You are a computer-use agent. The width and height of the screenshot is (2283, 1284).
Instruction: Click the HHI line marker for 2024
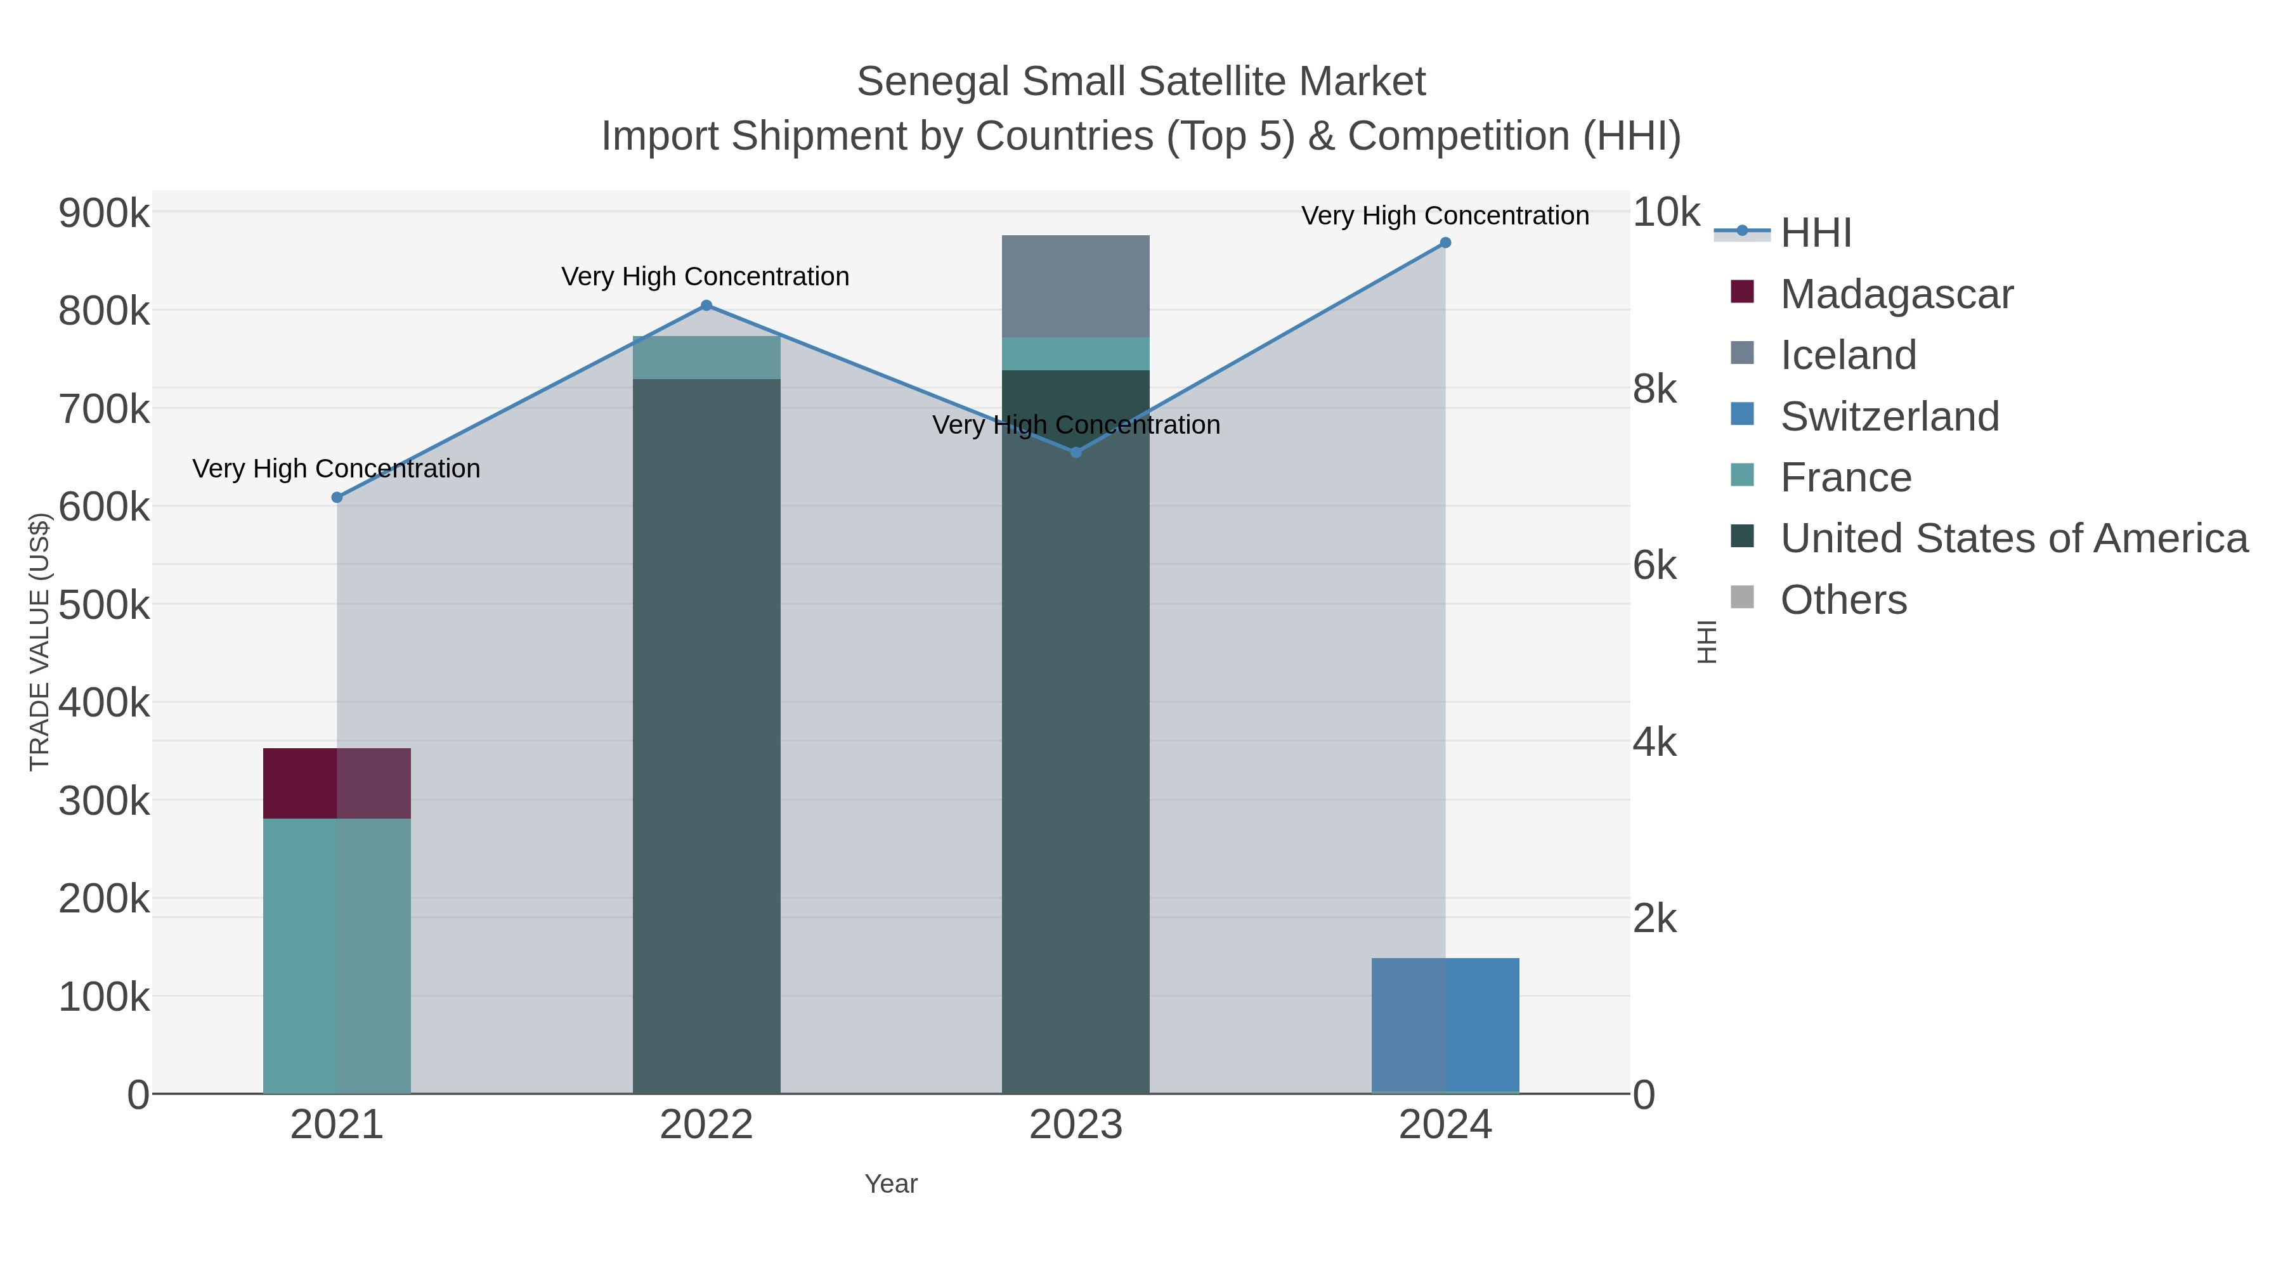(x=1445, y=243)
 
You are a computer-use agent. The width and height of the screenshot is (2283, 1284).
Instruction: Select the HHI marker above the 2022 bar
(x=706, y=306)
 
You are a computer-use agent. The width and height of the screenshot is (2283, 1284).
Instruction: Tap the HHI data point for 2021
(x=337, y=498)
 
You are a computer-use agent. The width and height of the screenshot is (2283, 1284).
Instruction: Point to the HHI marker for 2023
(x=1076, y=453)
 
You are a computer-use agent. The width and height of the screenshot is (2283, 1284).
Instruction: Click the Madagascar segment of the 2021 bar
(x=337, y=783)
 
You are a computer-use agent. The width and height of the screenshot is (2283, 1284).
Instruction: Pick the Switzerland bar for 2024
(x=1445, y=1025)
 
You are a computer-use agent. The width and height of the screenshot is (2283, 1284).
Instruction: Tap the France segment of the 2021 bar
(x=337, y=956)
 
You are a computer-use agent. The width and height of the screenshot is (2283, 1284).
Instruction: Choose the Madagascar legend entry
(x=1897, y=294)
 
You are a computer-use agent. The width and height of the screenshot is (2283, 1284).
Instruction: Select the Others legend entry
(x=1844, y=600)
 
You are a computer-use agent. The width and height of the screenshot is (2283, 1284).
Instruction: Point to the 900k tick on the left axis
(x=104, y=214)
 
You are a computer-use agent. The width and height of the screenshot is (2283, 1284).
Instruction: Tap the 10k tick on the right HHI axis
(x=1666, y=212)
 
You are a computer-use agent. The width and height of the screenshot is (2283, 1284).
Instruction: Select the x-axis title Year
(x=891, y=1184)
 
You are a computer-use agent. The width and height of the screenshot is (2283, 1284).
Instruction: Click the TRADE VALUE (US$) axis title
(x=40, y=642)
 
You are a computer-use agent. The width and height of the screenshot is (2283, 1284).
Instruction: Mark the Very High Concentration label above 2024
(x=1445, y=216)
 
